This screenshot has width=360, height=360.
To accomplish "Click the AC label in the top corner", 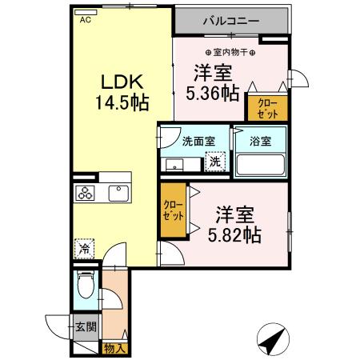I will [85, 22].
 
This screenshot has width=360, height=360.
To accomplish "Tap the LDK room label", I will [122, 82].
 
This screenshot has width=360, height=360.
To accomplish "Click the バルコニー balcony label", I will [228, 18].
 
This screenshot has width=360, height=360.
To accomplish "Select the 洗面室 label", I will [198, 142].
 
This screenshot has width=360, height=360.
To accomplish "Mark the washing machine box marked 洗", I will [214, 161].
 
